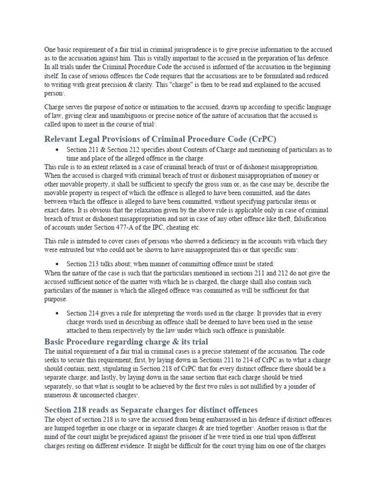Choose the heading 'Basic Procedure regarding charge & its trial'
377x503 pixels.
[126, 341]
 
